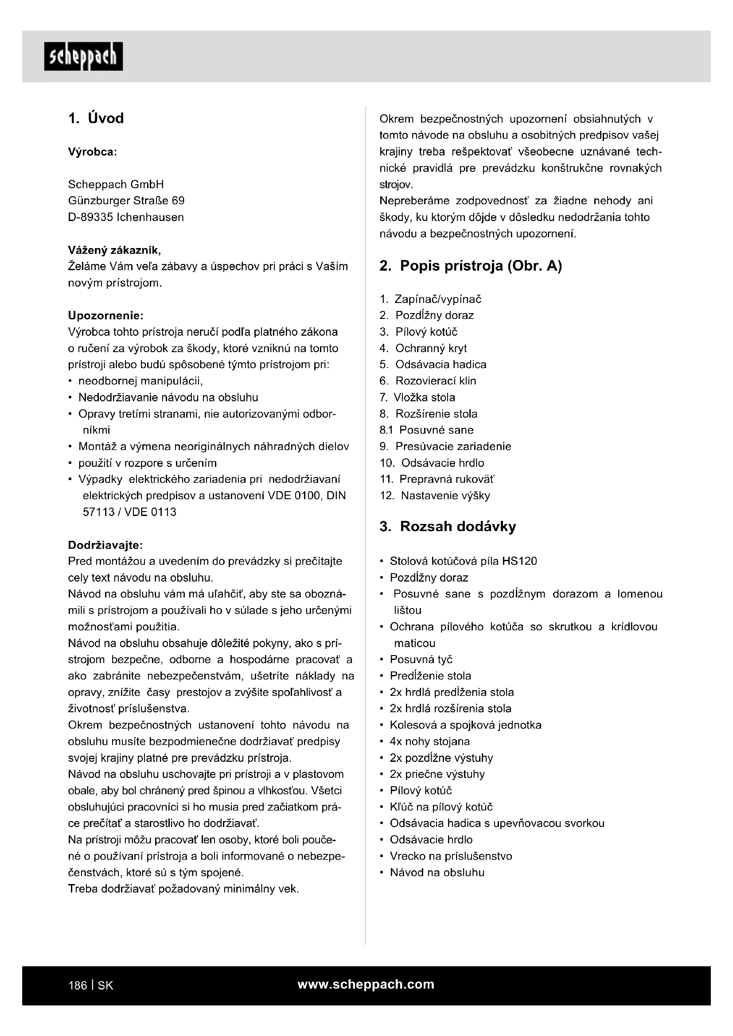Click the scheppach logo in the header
click(x=83, y=57)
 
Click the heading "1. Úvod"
click(x=96, y=119)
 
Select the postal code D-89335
click(x=90, y=217)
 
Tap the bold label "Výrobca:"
click(x=93, y=152)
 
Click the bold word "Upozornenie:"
click(x=105, y=315)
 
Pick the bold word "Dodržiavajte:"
click(x=105, y=545)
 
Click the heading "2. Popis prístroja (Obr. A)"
click(x=470, y=266)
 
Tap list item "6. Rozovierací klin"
click(x=428, y=381)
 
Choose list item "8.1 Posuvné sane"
click(x=426, y=430)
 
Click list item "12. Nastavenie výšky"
click(x=435, y=496)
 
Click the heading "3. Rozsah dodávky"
click(x=447, y=527)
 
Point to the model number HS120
click(x=519, y=561)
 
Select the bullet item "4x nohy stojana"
click(x=430, y=741)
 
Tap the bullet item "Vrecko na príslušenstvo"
click(x=451, y=856)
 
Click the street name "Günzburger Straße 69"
click(x=126, y=201)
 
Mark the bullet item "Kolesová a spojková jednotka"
click(x=465, y=725)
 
